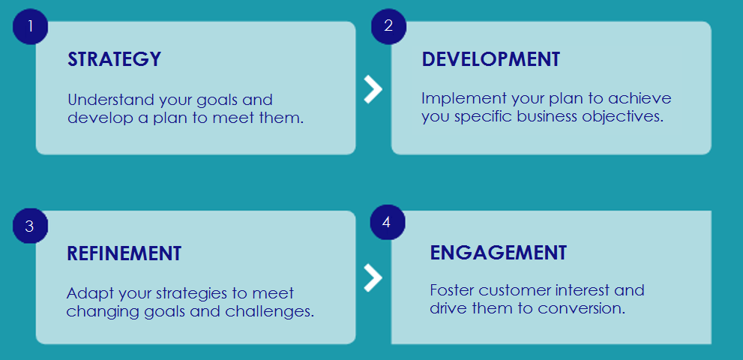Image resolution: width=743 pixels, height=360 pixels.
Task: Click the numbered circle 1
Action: coord(30,26)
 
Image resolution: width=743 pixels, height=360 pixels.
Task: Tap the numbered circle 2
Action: coord(388,26)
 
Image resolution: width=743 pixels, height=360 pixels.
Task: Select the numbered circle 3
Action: coord(30,226)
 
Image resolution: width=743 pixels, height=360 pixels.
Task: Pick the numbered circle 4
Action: coord(387,223)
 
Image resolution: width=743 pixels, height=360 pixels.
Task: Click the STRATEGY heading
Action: coord(114,60)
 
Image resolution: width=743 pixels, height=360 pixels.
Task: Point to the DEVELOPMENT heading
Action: coord(490,60)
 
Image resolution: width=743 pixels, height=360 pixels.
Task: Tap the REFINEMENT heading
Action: coord(124,253)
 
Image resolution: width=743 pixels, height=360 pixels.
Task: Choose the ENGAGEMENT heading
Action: coord(498,253)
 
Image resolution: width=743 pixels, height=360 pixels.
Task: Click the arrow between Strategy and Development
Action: coord(373,88)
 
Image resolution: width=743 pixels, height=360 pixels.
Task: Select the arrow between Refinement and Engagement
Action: coord(373,277)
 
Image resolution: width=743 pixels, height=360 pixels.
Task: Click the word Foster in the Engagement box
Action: coord(452,290)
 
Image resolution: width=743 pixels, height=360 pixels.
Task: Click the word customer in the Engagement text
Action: coord(516,290)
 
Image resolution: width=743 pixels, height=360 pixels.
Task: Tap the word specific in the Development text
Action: coord(479,117)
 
